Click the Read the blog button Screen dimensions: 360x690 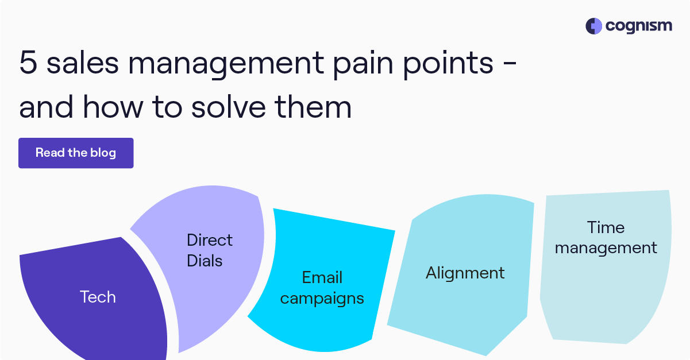click(76, 153)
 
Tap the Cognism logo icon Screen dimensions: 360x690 click(593, 26)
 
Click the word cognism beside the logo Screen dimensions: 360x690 click(638, 26)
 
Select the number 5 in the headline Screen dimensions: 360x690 click(28, 63)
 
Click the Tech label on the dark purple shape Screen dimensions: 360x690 click(98, 297)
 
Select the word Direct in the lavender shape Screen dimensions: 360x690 click(210, 240)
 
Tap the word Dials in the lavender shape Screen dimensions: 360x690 click(205, 261)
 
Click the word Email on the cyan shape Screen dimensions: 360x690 click(322, 278)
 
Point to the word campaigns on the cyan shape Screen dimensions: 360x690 click(322, 299)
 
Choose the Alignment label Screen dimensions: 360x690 click(465, 273)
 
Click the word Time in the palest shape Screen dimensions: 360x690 click(606, 227)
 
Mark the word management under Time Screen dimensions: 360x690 click(606, 248)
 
